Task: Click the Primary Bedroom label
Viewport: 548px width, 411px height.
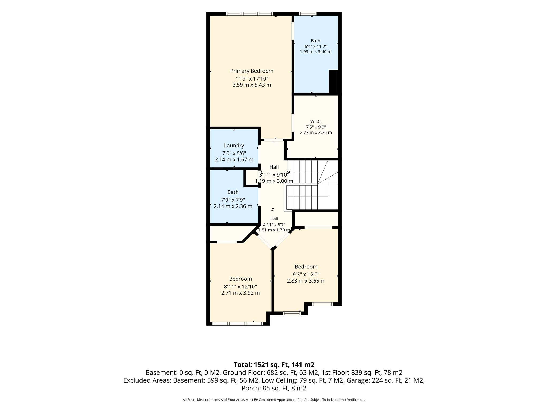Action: pos(252,71)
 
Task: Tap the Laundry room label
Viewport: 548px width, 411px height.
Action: pos(234,146)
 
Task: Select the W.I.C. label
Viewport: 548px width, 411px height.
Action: pos(316,121)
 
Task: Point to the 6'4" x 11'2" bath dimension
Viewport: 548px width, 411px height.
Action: pos(315,46)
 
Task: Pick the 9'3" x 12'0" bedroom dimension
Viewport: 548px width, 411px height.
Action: pos(306,274)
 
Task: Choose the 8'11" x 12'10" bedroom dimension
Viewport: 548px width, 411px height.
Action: pos(240,287)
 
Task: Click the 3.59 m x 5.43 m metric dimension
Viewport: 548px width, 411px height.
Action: pos(252,85)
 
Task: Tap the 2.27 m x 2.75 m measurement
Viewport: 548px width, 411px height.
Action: pos(316,132)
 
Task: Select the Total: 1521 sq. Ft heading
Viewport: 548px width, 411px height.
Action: pos(274,365)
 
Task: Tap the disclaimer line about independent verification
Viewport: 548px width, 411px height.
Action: pos(274,400)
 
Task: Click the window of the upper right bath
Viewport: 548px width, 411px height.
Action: pos(307,14)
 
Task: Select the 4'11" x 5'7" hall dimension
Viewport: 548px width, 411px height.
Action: pos(274,225)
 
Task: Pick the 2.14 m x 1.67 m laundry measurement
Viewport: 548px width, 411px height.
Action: pos(234,160)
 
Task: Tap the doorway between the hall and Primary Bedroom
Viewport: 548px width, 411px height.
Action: pos(273,140)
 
